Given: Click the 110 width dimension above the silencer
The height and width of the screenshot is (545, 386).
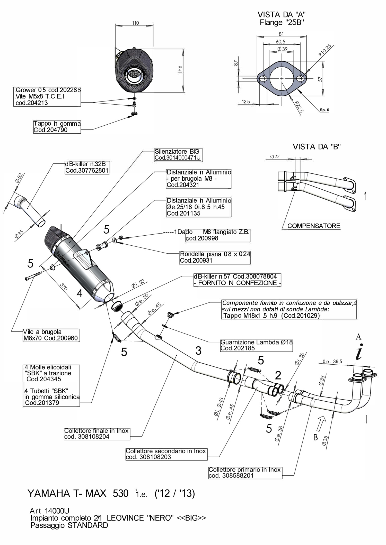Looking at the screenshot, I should tap(135, 23).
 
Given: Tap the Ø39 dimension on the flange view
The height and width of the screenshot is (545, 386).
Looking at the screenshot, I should tap(282, 49).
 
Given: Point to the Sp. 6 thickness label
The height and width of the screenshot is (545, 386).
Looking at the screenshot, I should tap(324, 110).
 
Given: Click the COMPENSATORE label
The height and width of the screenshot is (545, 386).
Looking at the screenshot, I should tap(314, 226).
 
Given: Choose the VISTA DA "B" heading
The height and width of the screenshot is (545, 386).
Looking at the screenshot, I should tap(317, 147).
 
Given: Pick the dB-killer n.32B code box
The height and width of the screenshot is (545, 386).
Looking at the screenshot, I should tap(87, 167).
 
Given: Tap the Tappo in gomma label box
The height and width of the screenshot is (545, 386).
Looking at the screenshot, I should tap(57, 127).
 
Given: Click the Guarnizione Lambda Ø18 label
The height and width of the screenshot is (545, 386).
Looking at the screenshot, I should tap(256, 345).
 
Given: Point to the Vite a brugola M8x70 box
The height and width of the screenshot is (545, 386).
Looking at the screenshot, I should tap(50, 335).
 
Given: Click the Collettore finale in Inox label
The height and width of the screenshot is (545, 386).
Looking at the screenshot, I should tap(97, 433).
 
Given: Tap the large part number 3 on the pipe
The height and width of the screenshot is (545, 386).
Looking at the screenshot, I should tap(198, 350).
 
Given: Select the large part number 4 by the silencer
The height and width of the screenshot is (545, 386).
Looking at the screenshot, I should tap(80, 293).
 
